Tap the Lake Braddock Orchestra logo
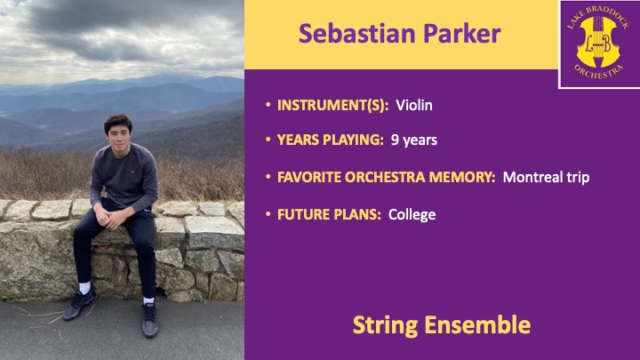599,44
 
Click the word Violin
414,105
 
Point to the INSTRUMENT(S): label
332,105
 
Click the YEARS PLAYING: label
330,140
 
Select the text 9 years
414,140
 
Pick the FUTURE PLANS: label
329,215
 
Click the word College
412,215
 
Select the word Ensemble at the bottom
477,325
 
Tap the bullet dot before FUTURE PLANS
268,214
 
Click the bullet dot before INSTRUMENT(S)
268,105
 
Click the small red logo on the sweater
132,172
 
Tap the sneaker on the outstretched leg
150,320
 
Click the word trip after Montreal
578,178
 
